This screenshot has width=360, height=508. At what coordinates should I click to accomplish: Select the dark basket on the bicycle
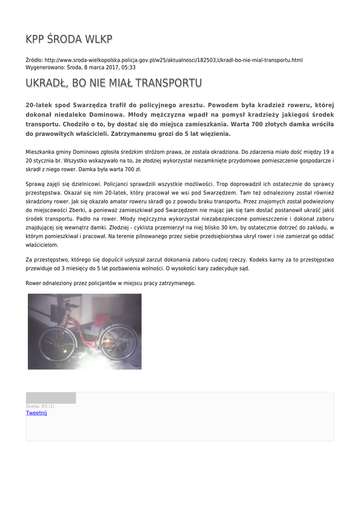[58, 314]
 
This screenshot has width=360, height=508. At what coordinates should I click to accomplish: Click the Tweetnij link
[36, 413]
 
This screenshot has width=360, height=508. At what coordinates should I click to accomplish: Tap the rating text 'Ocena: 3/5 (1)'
[40, 406]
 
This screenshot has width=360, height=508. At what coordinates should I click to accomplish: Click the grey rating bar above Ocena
[51, 398]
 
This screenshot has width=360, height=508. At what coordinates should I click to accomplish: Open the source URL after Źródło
[173, 60]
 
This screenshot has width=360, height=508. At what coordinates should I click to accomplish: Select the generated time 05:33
[129, 67]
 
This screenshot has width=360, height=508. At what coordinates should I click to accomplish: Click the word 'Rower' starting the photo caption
[34, 283]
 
